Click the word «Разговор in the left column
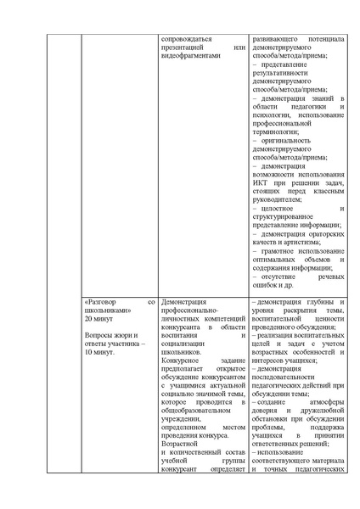(x=105, y=303)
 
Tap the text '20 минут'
(x=100, y=322)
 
